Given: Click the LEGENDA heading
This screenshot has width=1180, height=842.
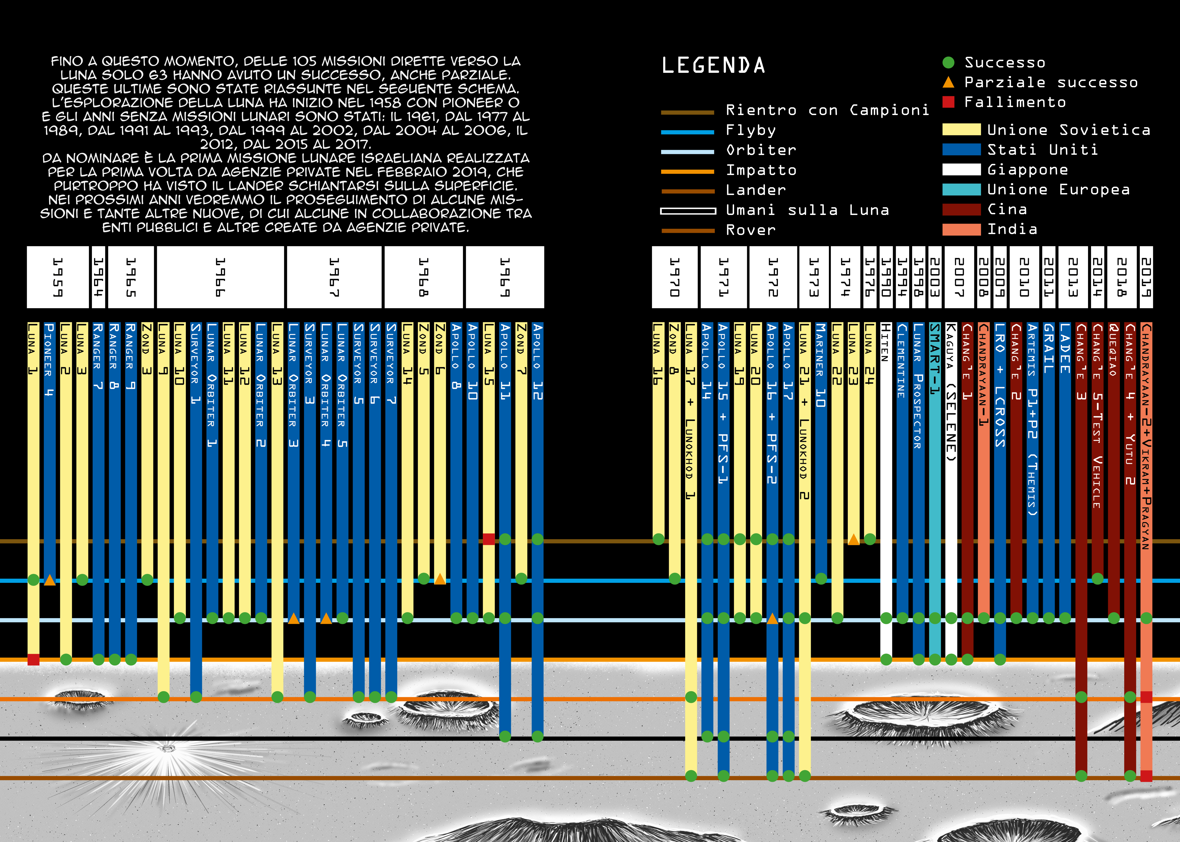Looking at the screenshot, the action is point(713,65).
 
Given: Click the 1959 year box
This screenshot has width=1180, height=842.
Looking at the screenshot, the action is point(58,277).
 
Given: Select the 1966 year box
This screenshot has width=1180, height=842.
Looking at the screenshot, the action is point(220,277).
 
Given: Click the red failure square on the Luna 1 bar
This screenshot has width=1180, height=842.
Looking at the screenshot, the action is point(33,659).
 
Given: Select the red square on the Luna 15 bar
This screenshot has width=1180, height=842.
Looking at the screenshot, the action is point(489,539).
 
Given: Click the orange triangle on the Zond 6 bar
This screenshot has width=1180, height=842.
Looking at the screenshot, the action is point(440,579).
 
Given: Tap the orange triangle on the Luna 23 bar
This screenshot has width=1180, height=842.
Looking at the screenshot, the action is point(853,539).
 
